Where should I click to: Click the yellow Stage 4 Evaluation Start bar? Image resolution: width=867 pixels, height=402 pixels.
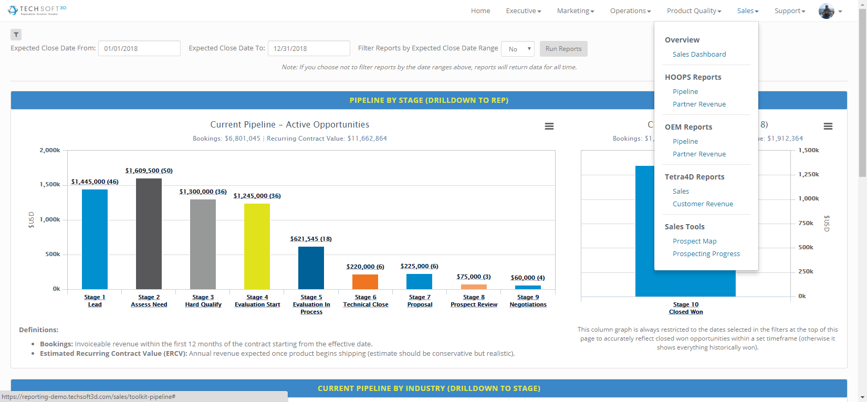257,247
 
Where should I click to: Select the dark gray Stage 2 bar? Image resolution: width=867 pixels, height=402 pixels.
149,234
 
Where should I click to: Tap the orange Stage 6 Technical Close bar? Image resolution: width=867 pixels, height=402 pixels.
365,282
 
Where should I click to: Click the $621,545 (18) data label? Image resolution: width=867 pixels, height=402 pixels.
311,239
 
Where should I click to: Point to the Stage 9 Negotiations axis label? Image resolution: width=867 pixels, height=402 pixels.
528,301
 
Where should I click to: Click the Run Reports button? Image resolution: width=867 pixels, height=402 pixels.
563,49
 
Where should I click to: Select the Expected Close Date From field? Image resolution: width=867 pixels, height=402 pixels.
139,48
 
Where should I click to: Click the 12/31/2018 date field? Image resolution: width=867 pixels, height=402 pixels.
309,48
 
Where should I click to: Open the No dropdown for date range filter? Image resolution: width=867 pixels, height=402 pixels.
518,49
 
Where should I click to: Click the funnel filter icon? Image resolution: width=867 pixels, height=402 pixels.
16,35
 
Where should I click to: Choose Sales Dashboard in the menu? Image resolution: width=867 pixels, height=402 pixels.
699,54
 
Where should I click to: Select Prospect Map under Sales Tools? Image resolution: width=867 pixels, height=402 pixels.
694,241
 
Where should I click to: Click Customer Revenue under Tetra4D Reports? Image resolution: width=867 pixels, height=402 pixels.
703,204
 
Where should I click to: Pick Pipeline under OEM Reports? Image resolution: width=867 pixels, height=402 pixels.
685,141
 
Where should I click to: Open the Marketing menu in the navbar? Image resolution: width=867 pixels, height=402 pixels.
576,11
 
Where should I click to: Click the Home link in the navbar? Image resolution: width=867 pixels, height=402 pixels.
480,11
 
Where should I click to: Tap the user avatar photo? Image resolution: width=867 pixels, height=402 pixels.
827,11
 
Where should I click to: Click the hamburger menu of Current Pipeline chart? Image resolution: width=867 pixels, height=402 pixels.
549,126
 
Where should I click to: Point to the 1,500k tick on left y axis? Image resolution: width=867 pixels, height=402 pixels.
49,185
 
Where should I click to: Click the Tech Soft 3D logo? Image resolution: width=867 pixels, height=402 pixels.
37,10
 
